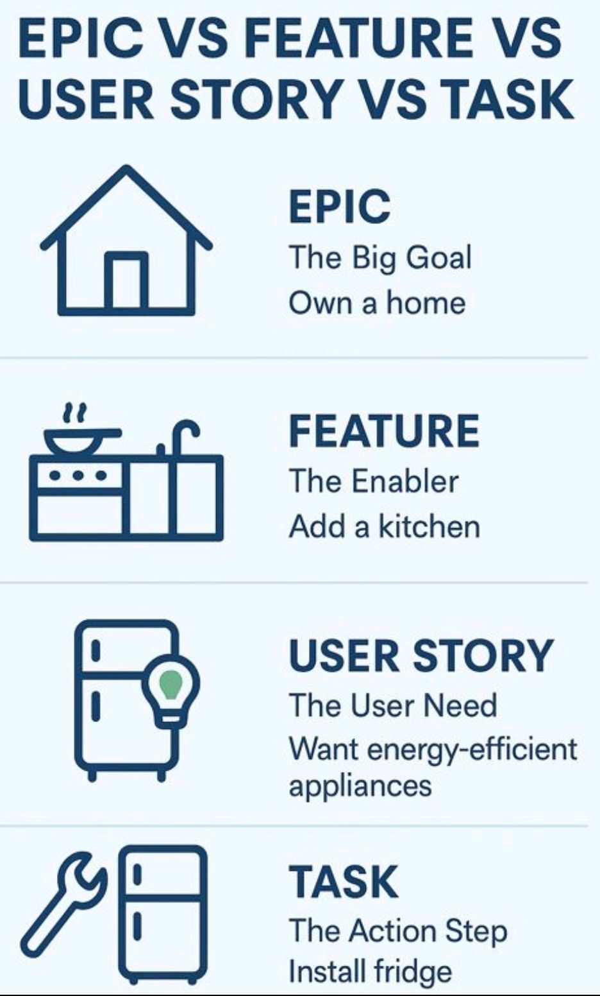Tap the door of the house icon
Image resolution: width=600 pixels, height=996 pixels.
(126, 280)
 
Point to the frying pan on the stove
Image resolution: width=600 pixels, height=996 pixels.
(80, 438)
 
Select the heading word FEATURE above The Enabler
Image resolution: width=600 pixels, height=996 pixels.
(384, 431)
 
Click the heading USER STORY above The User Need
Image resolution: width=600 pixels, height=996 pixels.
(421, 656)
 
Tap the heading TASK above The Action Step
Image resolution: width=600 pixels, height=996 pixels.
(344, 882)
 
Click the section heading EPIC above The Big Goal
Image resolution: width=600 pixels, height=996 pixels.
(339, 207)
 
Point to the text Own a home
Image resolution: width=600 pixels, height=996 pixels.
(377, 302)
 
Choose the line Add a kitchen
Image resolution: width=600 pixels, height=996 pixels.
(384, 527)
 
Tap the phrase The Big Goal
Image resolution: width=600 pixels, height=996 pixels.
(380, 258)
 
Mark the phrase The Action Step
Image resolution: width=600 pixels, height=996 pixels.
(397, 931)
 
